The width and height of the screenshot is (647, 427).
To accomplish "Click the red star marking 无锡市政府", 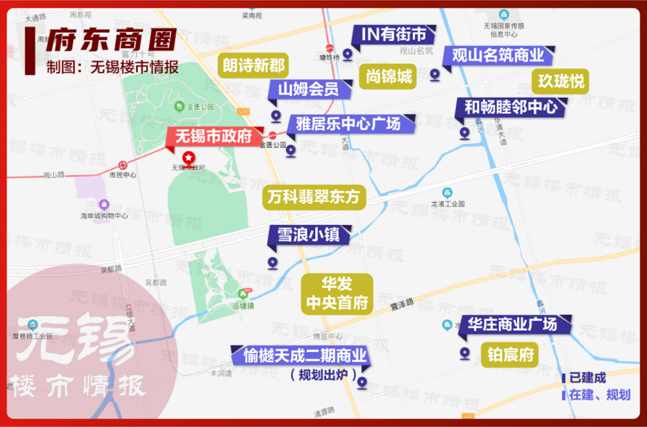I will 188,157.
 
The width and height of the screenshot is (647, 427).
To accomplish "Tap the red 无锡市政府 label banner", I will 214,137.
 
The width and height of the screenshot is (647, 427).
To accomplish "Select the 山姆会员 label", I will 309,89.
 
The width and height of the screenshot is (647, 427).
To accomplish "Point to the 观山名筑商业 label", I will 498,55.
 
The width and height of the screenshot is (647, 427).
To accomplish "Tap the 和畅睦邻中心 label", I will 511,107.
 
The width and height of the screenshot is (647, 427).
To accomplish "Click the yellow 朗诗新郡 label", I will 254,65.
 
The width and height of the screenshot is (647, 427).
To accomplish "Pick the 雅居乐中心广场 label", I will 348,123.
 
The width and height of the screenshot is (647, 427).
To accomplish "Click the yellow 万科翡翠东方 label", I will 313,196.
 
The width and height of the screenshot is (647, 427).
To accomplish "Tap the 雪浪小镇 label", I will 309,235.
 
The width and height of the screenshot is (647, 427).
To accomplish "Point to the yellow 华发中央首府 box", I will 336,293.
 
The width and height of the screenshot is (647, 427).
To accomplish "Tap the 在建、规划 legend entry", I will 599,395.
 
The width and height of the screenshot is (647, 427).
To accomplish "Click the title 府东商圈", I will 111,40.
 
